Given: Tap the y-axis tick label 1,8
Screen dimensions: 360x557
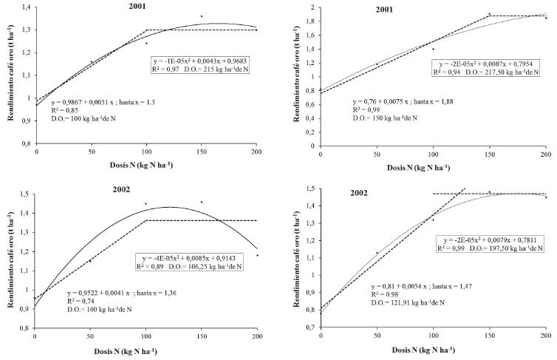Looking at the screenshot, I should pos(309,21).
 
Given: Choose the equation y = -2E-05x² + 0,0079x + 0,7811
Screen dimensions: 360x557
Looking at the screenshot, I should pos(493,240).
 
